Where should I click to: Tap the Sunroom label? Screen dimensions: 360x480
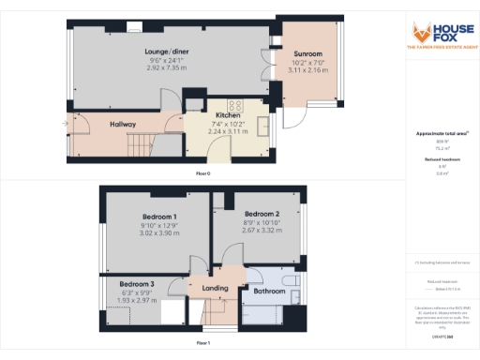click(x=307, y=53)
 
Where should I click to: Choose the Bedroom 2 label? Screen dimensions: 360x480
click(x=256, y=212)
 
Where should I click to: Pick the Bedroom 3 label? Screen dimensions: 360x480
click(x=137, y=283)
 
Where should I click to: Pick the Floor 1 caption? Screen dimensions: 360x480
click(x=202, y=345)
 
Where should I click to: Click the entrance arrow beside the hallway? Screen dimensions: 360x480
click(x=66, y=123)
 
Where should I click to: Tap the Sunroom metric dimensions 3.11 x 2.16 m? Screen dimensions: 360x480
click(x=307, y=70)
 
